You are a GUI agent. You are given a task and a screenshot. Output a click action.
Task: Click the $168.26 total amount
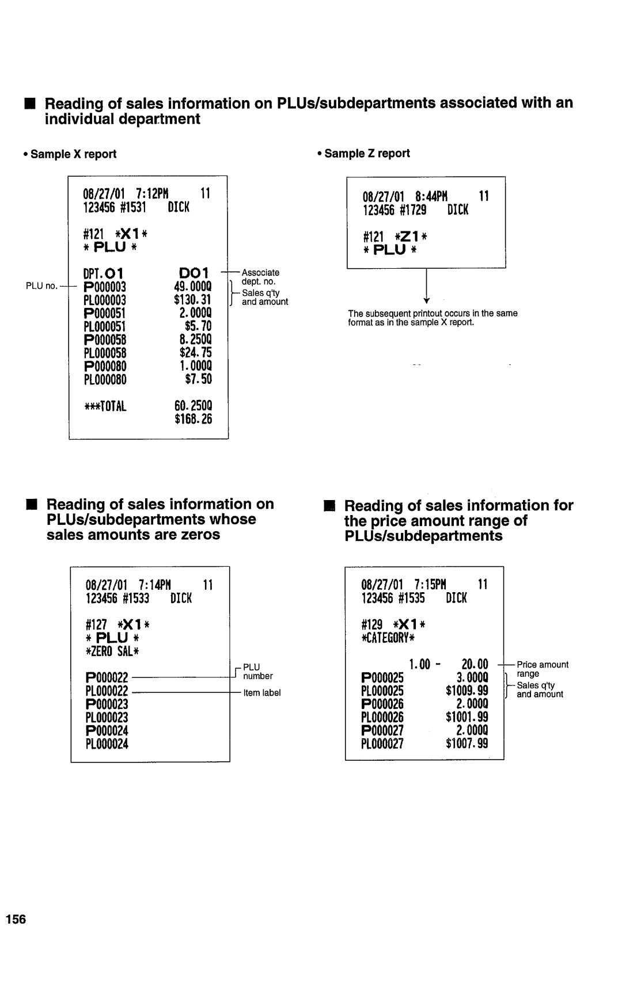pyautogui.click(x=194, y=418)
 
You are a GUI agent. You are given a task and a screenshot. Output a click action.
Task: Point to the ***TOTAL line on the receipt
pyautogui.click(x=105, y=406)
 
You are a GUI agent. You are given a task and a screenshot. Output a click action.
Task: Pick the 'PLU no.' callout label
pyautogui.click(x=40, y=286)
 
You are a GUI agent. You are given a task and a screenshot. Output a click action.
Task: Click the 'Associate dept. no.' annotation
pyautogui.click(x=260, y=277)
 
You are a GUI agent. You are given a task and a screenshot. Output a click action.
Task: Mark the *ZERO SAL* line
pyautogui.click(x=112, y=651)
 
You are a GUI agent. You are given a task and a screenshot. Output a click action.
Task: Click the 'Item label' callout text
pyautogui.click(x=261, y=693)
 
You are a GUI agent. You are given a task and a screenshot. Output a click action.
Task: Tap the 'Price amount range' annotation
pyautogui.click(x=542, y=669)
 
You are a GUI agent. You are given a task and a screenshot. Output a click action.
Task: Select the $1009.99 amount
pyautogui.click(x=467, y=691)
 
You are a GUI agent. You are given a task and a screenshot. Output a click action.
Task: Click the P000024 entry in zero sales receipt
pyautogui.click(x=107, y=730)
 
